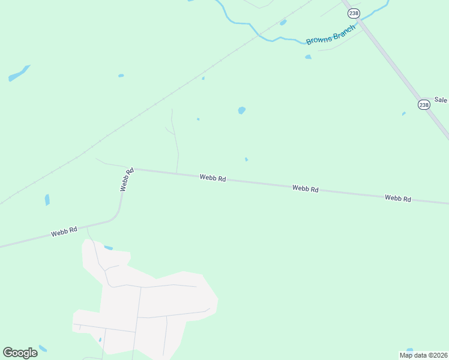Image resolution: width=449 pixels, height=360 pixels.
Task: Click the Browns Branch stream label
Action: [331, 34]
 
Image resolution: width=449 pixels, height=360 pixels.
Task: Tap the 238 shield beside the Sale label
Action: [424, 104]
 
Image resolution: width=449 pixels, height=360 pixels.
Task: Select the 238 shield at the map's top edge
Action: [354, 13]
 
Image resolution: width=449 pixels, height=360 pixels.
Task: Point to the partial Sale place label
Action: [441, 100]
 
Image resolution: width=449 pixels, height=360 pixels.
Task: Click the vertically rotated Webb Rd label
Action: [126, 179]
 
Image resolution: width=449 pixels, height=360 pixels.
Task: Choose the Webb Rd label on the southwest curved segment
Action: [64, 231]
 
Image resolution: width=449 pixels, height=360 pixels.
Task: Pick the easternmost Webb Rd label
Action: [398, 198]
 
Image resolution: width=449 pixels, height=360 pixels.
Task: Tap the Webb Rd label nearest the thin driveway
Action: [212, 178]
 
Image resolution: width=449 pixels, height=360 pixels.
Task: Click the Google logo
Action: [20, 352]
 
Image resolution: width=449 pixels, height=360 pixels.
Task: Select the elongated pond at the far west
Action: [18, 74]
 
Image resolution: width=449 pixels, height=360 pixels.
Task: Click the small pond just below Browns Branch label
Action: [308, 57]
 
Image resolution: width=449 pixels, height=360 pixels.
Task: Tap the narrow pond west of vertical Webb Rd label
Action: [47, 200]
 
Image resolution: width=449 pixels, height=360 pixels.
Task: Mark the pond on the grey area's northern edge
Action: [108, 248]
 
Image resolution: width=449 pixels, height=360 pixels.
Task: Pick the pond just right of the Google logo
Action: [43, 348]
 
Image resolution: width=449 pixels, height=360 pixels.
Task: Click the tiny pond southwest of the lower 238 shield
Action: [403, 113]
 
